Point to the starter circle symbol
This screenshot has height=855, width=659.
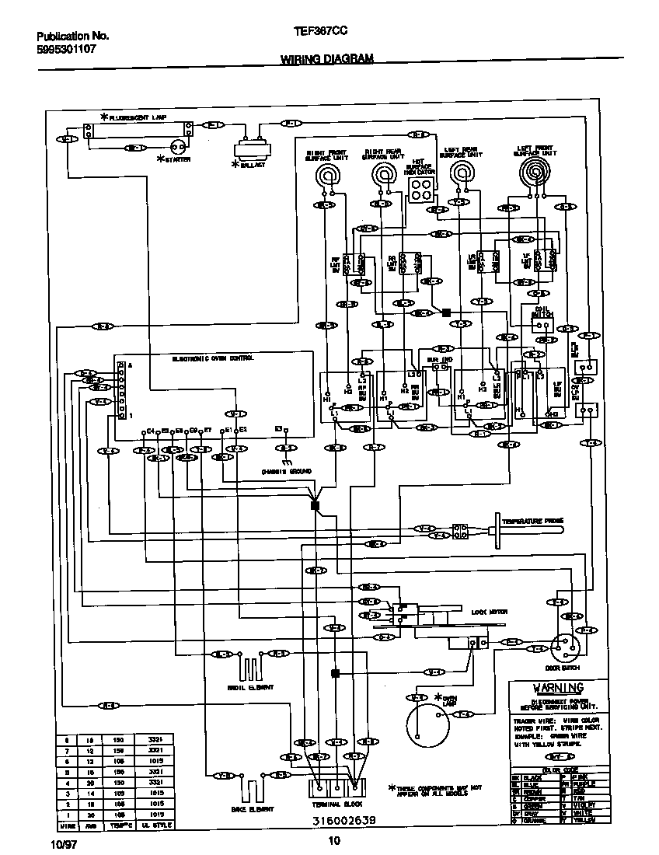pyautogui.click(x=179, y=147)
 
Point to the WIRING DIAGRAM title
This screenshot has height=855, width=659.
pyautogui.click(x=326, y=58)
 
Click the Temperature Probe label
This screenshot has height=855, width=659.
pyautogui.click(x=532, y=521)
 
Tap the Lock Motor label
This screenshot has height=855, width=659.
pyautogui.click(x=489, y=612)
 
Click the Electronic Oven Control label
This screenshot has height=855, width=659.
pyautogui.click(x=212, y=358)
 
